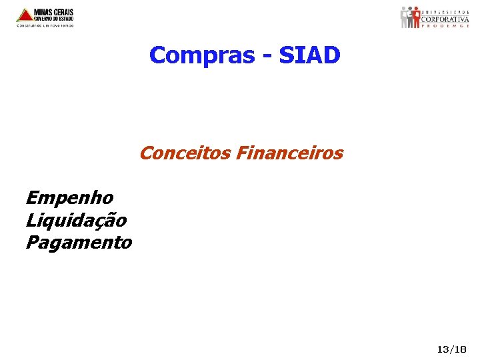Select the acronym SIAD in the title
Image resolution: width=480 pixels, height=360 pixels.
click(309, 55)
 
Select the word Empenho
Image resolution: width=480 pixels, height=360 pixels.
click(69, 198)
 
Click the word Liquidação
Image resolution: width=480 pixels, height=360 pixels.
click(75, 220)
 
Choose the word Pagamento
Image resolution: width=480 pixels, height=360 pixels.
click(79, 243)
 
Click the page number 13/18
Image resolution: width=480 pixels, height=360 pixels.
click(451, 349)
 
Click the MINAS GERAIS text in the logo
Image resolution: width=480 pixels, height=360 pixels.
click(55, 12)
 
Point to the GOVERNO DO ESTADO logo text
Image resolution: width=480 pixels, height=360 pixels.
click(54, 19)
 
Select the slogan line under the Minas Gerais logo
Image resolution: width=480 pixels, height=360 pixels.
click(45, 26)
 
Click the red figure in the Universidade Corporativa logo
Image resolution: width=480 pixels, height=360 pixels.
click(416, 16)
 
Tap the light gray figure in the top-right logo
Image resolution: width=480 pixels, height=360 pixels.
click(404, 16)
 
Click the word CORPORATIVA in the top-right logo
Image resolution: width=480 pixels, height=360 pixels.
click(445, 19)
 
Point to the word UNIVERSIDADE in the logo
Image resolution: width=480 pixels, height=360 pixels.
click(445, 11)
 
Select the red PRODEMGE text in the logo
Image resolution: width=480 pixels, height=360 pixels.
click(445, 27)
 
